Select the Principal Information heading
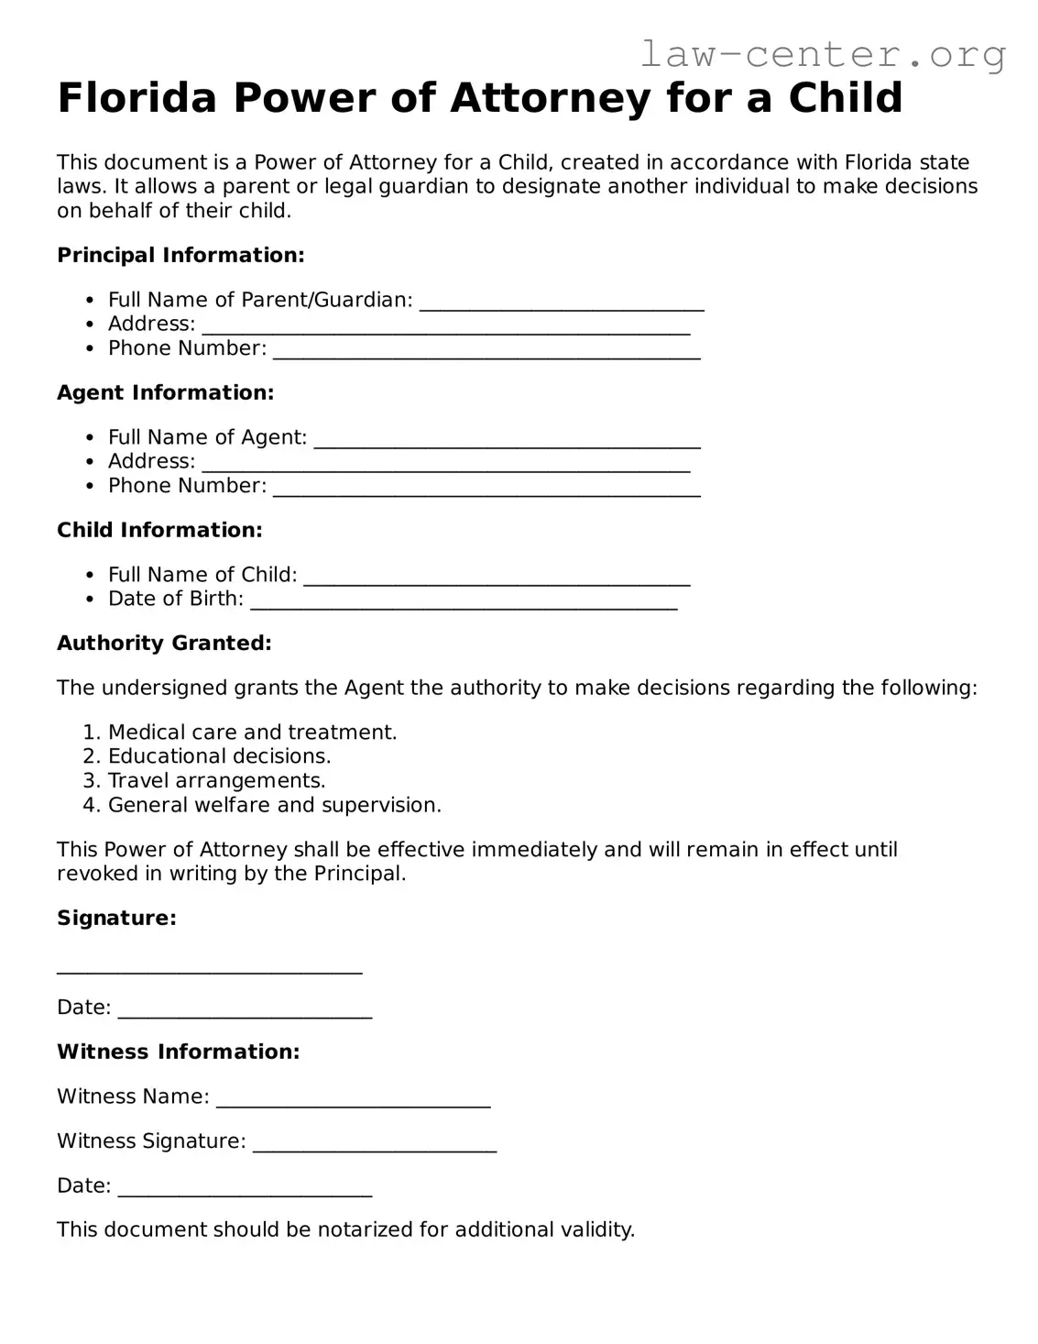[180, 255]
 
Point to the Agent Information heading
[166, 392]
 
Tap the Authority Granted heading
[164, 644]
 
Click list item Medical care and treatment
[252, 733]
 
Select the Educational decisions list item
[219, 756]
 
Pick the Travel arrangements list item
[216, 781]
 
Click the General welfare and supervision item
[274, 805]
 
